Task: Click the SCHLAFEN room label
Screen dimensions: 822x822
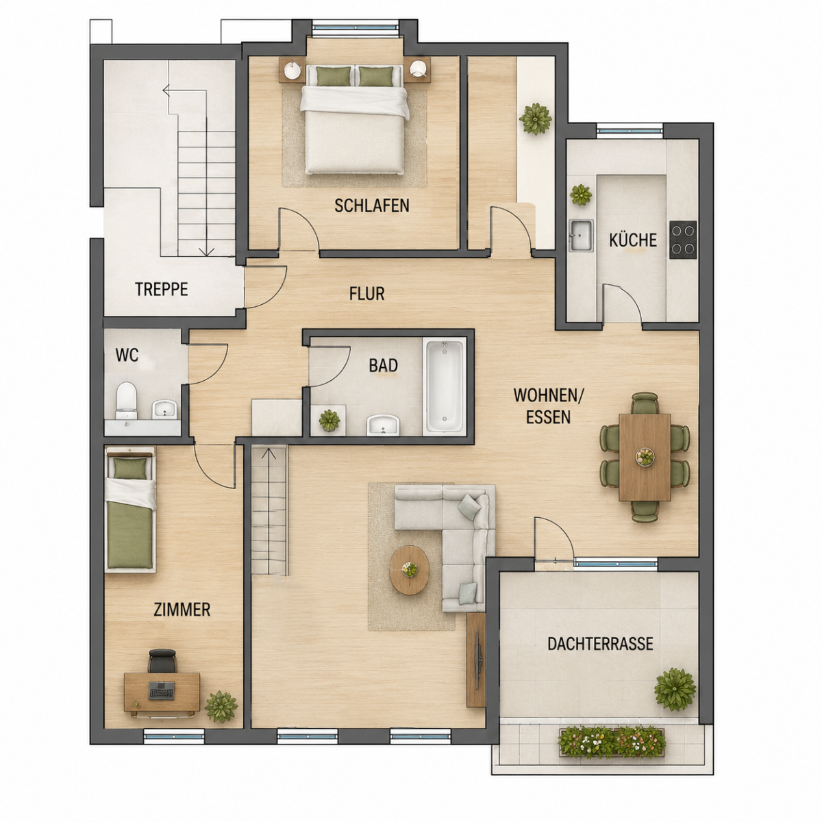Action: click(371, 206)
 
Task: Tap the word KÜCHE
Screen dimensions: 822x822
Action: click(633, 240)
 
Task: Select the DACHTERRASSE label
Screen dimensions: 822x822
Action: click(600, 644)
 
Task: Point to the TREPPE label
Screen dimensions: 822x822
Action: click(162, 289)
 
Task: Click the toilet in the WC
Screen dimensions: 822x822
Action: click(126, 400)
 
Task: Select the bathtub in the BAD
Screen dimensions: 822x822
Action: click(444, 387)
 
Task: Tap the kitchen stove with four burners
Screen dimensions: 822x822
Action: click(682, 240)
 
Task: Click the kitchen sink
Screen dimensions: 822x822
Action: click(581, 236)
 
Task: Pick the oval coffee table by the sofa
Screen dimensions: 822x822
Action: click(410, 570)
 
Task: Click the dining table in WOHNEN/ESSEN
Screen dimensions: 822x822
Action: click(645, 457)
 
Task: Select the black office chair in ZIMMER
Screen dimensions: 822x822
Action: click(162, 661)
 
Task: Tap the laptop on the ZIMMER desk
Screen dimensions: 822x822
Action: click(161, 690)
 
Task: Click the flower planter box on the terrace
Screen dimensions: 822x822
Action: click(612, 743)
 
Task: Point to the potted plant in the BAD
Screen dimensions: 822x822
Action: click(329, 420)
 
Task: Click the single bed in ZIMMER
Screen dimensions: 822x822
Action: click(131, 510)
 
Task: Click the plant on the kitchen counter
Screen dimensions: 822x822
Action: click(581, 195)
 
